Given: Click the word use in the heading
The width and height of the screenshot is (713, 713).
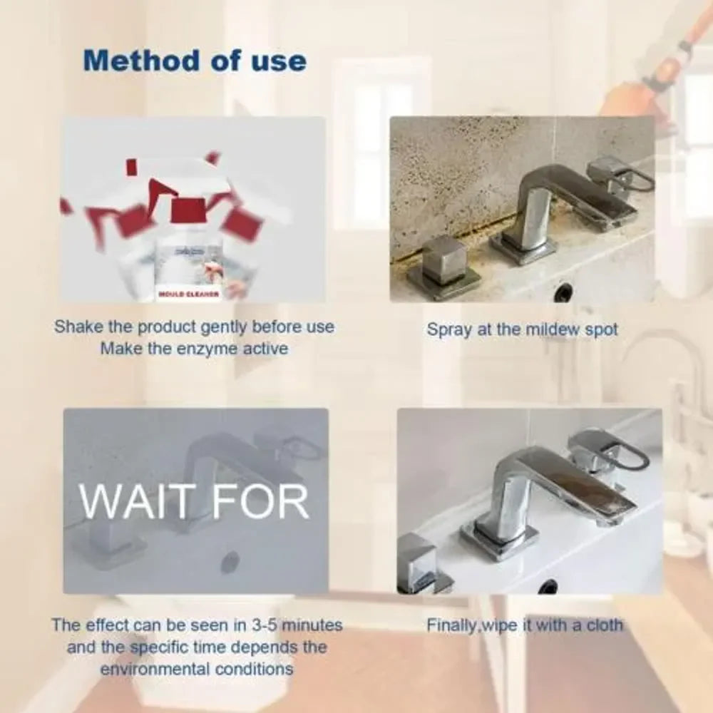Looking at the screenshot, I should click(278, 61).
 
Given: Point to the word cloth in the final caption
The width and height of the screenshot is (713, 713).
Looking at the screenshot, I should click(604, 625).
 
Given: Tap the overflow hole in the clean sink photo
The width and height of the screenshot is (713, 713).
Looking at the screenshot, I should click(547, 587).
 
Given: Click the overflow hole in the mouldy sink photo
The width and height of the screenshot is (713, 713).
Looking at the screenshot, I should click(563, 292).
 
